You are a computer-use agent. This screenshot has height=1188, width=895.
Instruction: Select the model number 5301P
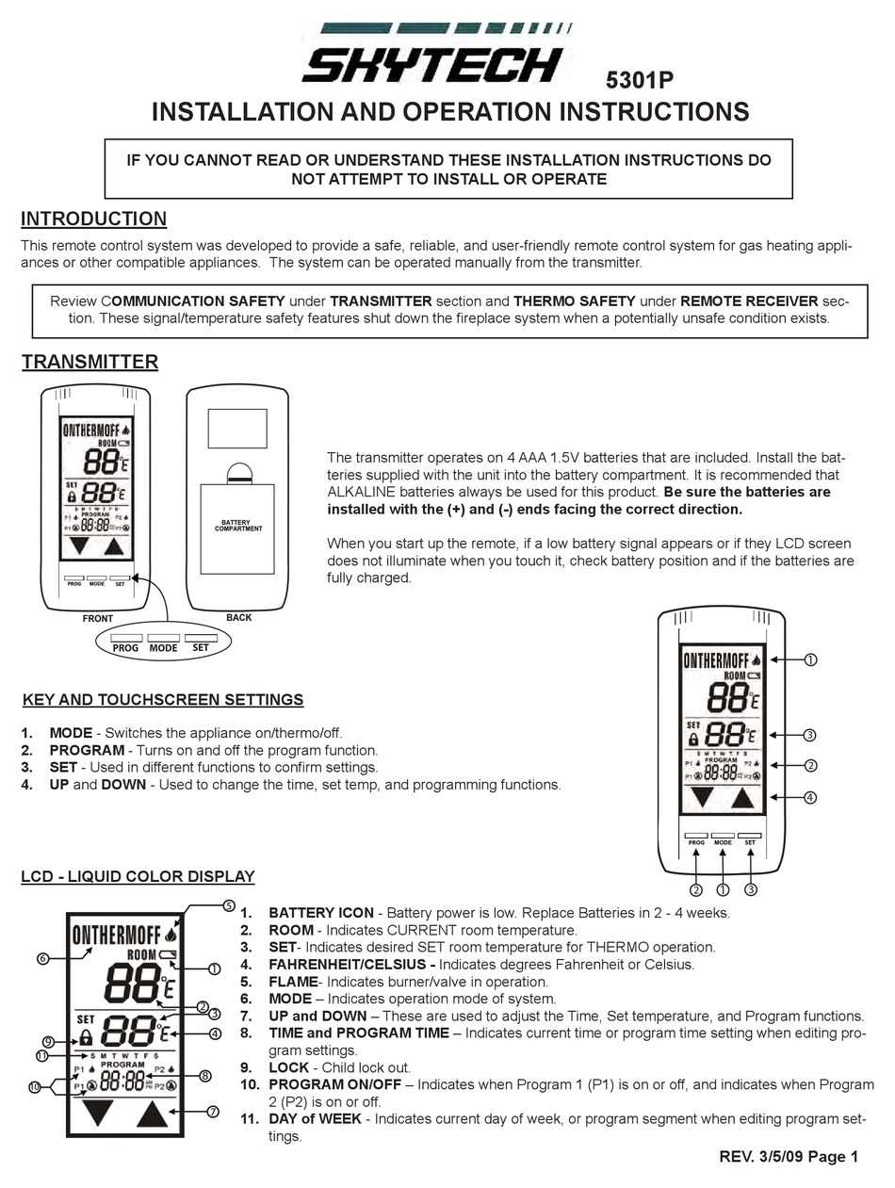638,82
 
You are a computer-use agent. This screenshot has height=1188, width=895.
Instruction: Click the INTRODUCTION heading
93,219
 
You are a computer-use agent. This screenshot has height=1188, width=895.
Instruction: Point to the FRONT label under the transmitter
97,619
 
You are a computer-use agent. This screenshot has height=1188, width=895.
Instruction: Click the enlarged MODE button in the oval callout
163,647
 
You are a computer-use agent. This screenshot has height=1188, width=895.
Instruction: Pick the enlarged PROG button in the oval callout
125,647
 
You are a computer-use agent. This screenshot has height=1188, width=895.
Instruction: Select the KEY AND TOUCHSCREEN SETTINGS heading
162,700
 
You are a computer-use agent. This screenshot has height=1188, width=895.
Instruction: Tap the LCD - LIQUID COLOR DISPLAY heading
138,876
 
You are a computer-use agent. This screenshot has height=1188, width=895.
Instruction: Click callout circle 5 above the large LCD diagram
228,905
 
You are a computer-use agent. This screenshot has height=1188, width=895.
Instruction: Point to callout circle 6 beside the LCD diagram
42,959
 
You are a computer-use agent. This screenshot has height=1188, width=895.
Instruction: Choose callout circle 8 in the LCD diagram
205,1076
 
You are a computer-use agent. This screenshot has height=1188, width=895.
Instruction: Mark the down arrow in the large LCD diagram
97,1115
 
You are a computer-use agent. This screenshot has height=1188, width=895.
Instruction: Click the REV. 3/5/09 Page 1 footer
788,1157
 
